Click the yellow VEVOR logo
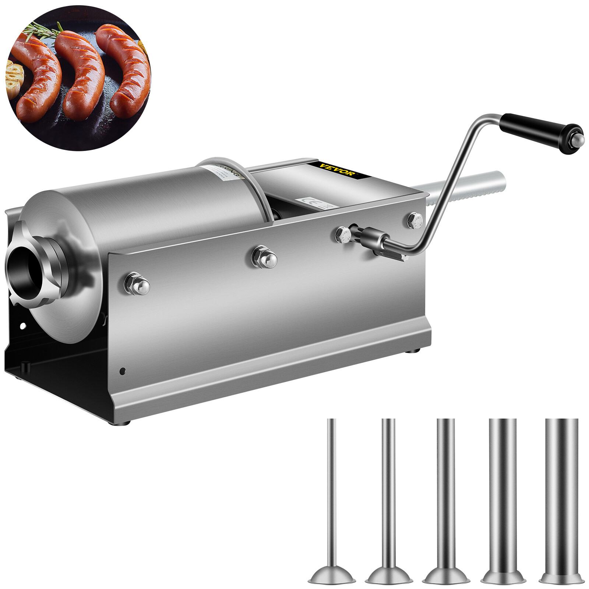[338, 169]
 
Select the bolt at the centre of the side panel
[264, 257]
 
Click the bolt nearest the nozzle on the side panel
[137, 283]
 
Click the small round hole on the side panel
[122, 371]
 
